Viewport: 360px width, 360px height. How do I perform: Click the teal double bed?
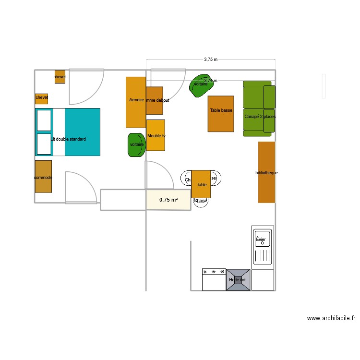77,132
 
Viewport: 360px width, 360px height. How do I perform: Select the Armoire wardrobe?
135,102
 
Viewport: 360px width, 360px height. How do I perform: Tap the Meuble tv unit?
156,135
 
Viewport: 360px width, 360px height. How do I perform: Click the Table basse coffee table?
221,114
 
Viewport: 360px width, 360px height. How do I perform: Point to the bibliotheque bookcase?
266,172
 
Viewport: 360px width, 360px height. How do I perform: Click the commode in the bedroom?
43,177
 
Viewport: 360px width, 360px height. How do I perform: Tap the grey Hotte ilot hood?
238,280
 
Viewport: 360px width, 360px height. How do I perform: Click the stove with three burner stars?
214,279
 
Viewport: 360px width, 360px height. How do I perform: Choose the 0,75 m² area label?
168,200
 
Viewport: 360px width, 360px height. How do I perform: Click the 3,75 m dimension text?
211,60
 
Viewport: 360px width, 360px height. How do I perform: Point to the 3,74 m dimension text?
210,81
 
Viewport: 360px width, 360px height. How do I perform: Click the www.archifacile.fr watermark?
331,318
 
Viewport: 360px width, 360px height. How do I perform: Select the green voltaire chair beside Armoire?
137,144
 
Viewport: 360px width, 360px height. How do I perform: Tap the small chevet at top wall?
60,77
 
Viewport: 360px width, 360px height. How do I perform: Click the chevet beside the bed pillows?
42,98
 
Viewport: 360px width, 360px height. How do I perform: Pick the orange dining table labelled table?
201,184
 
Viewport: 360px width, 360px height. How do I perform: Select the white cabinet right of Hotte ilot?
263,280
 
